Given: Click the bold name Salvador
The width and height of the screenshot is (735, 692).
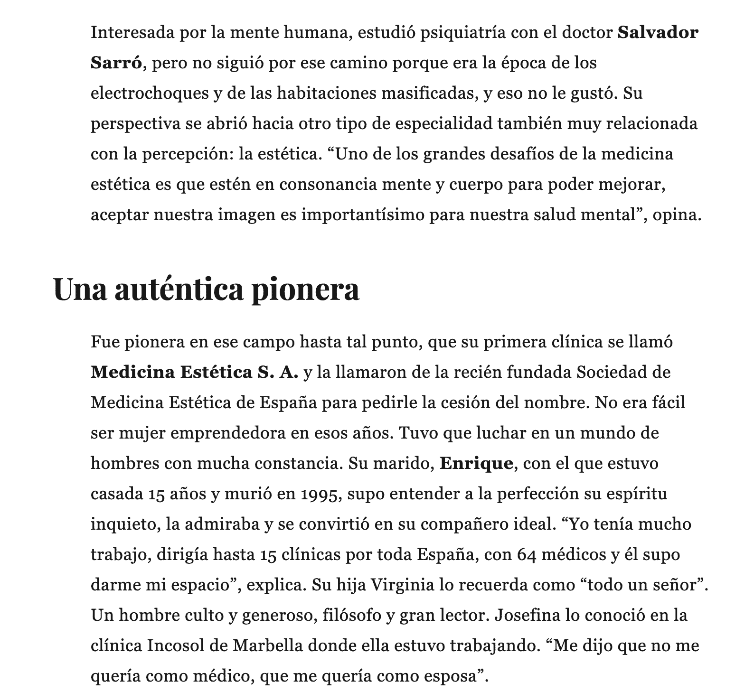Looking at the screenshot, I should [x=658, y=33].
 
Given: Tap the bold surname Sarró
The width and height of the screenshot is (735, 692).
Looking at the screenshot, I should [x=116, y=63].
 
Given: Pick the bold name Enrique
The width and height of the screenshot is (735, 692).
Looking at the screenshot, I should [x=477, y=463].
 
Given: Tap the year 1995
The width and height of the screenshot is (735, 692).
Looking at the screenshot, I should [x=321, y=494].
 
